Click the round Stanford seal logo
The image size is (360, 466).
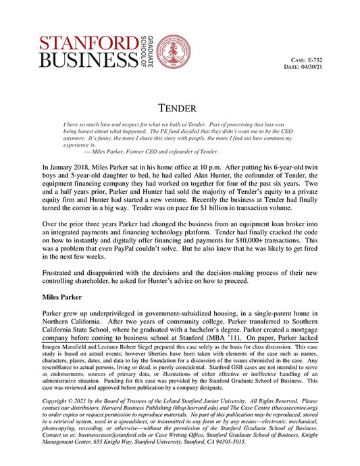click(x=172, y=51)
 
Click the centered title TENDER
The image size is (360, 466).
click(x=180, y=107)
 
